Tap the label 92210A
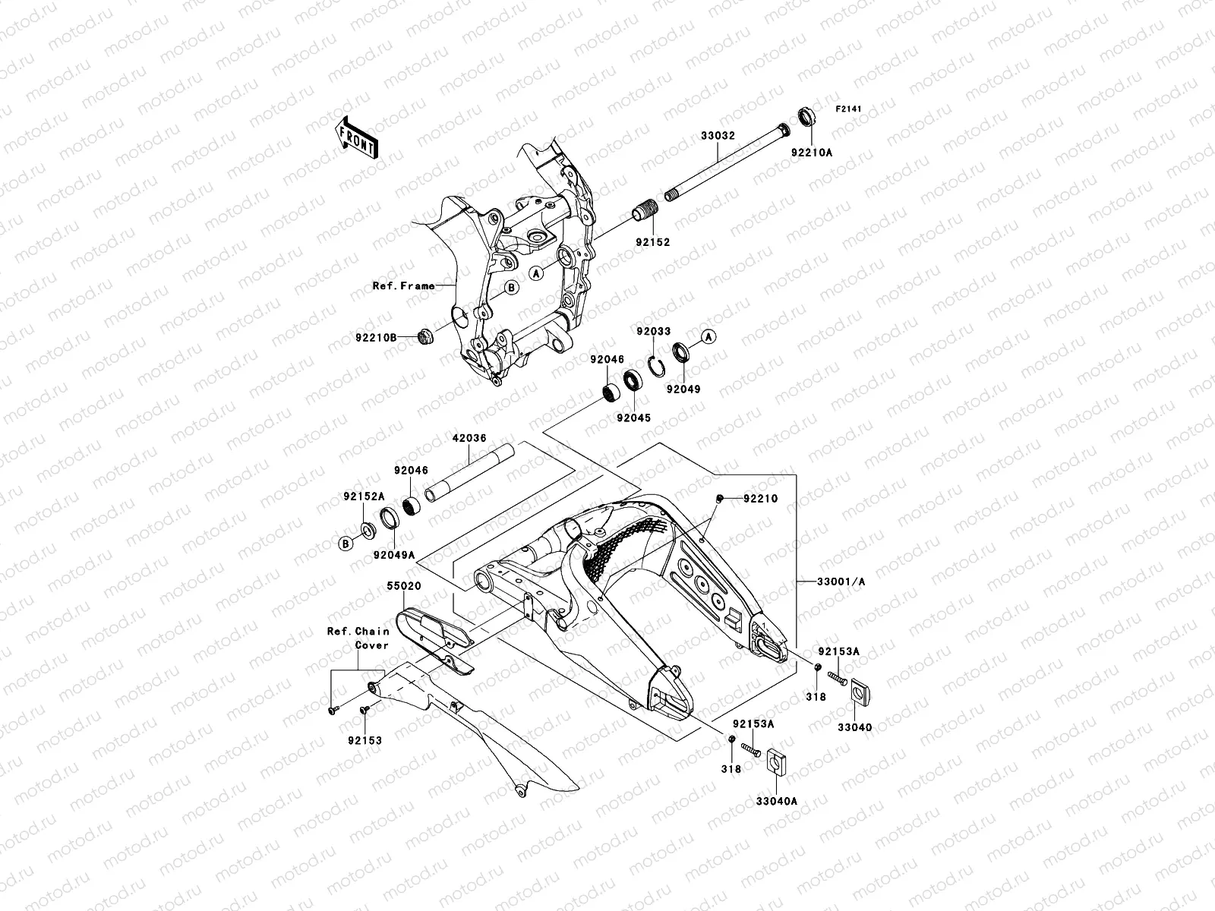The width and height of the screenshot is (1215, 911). (x=812, y=152)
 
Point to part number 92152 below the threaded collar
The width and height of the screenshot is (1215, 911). (x=653, y=243)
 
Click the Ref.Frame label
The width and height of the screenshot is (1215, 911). (x=403, y=286)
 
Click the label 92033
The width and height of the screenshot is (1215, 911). (x=653, y=332)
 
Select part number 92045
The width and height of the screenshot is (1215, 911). (x=633, y=418)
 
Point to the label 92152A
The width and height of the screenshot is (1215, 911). (x=364, y=496)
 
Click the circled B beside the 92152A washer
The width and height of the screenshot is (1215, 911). (x=346, y=543)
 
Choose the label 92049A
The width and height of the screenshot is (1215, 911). (x=394, y=554)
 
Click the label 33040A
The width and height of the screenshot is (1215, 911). (x=776, y=800)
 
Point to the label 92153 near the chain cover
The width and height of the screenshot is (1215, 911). (x=364, y=740)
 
